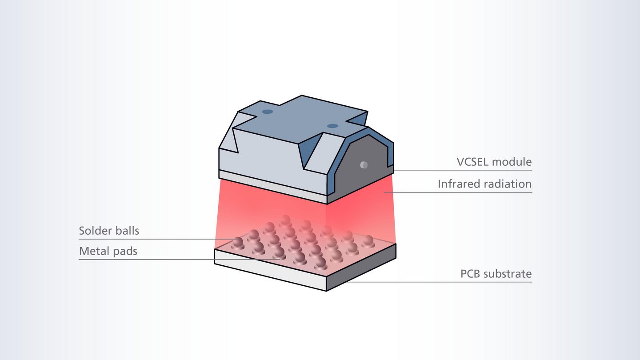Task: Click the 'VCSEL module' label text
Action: [494, 162]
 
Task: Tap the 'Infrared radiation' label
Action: [484, 184]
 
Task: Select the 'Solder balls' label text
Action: [109, 231]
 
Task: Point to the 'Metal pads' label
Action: [108, 251]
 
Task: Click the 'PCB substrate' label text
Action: [496, 274]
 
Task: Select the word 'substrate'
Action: [509, 274]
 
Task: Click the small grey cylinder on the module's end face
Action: [364, 165]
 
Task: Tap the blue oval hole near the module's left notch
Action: [267, 112]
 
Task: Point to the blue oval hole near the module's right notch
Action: [332, 126]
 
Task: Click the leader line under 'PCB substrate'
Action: [444, 282]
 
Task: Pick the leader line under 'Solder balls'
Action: [151, 239]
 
